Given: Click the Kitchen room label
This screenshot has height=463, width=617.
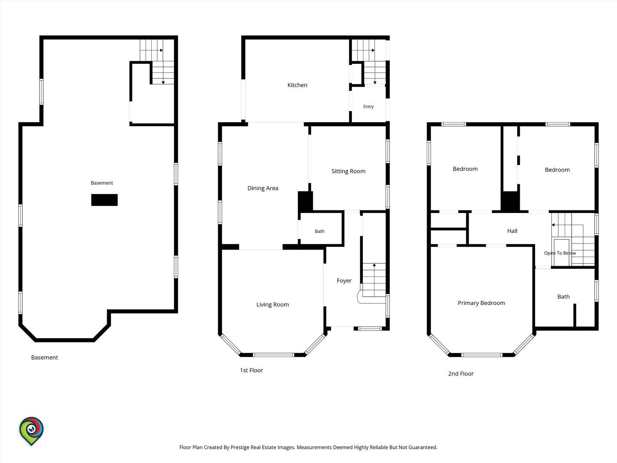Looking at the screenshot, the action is point(297,85).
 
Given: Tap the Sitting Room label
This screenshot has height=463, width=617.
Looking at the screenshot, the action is point(348,171).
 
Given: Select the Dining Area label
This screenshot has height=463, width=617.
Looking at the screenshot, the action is point(263,188).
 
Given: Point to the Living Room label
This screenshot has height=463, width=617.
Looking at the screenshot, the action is point(273,304).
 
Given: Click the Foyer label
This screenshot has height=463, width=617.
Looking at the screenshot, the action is point(344,280).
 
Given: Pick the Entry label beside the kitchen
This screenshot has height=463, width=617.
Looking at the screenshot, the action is point(368,107).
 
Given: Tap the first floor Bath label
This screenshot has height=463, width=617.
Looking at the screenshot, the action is point(320,231).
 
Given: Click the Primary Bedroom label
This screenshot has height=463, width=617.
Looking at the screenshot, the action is point(481,303).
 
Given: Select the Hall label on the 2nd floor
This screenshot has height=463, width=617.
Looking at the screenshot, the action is point(512,231).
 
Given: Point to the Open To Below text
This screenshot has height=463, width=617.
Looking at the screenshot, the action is point(560,253).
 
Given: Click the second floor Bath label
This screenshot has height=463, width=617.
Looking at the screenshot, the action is point(563,297).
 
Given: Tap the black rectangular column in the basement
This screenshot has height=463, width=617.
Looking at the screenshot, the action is point(104,200).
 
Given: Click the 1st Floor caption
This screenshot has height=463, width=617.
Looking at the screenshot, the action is point(251,370).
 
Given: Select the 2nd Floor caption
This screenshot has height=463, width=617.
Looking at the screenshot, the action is point(461,373).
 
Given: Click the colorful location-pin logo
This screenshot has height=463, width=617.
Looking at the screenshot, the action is point(31,431).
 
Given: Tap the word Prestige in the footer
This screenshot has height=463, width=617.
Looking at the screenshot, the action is point(241,447).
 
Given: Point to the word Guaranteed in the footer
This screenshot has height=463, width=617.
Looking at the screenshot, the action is point(423,447).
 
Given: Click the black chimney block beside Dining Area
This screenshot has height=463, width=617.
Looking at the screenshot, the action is point(305,201).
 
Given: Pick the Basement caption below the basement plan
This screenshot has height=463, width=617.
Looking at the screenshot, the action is point(45,357).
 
